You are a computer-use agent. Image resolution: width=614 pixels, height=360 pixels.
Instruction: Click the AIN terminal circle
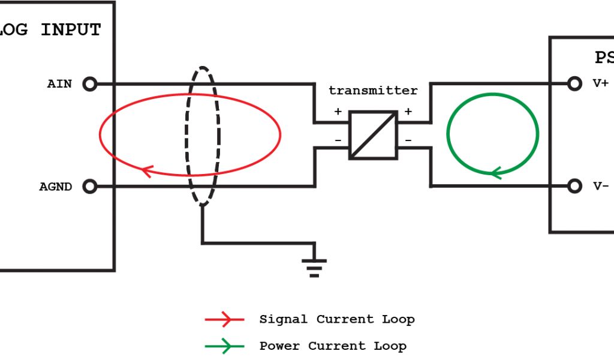pyautogui.click(x=89, y=84)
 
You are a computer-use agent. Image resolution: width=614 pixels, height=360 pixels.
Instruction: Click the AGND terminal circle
pyautogui.click(x=89, y=187)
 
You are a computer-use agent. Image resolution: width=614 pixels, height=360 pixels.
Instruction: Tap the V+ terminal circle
pyautogui.click(x=574, y=84)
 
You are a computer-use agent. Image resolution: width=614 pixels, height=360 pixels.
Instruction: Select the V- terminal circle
pyautogui.click(x=574, y=186)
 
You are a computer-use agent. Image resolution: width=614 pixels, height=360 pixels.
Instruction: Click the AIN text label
pyautogui.click(x=59, y=84)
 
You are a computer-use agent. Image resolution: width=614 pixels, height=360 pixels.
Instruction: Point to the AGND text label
pyautogui.click(x=56, y=187)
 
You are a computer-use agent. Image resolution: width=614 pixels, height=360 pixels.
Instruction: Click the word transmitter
pyautogui.click(x=373, y=91)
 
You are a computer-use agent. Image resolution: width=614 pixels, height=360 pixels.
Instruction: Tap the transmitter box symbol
pyautogui.click(x=373, y=135)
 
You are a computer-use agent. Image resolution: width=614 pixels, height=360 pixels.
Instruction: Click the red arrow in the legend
pyautogui.click(x=224, y=320)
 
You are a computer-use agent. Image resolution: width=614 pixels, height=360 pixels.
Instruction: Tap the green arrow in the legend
pyautogui.click(x=224, y=346)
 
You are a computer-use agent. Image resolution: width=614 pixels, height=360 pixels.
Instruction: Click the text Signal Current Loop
pyautogui.click(x=336, y=319)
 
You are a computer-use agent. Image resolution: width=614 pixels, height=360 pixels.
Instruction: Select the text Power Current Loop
pyautogui.click(x=332, y=346)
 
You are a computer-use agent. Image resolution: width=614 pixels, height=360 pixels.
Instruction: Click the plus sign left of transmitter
pyautogui.click(x=338, y=112)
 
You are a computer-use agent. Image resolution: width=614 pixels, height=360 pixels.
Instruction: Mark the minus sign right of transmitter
pyautogui.click(x=408, y=140)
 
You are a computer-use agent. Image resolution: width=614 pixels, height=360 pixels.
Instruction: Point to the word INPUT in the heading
pyautogui.click(x=71, y=30)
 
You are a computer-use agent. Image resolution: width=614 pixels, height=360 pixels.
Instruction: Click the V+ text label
pyautogui.click(x=601, y=84)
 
